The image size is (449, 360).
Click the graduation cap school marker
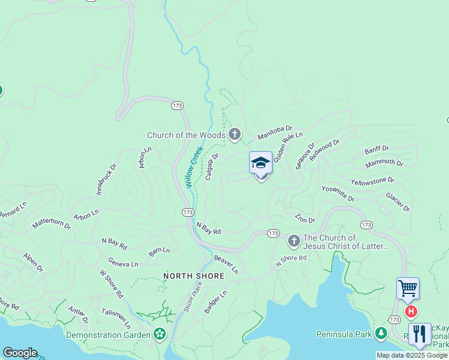(261, 163)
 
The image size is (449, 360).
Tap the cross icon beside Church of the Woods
(235, 135)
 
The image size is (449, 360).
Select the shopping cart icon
(408, 289)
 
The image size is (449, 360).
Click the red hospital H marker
(411, 311)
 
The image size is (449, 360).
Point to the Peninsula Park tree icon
(381, 333)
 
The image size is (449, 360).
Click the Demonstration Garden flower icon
(160, 334)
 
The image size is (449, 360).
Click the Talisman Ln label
(115, 316)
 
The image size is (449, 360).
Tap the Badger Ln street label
(215, 302)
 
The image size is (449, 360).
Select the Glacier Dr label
(397, 202)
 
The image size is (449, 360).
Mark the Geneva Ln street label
(123, 263)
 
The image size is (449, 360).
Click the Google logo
(20, 353)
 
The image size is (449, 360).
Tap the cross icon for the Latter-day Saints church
(294, 241)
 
